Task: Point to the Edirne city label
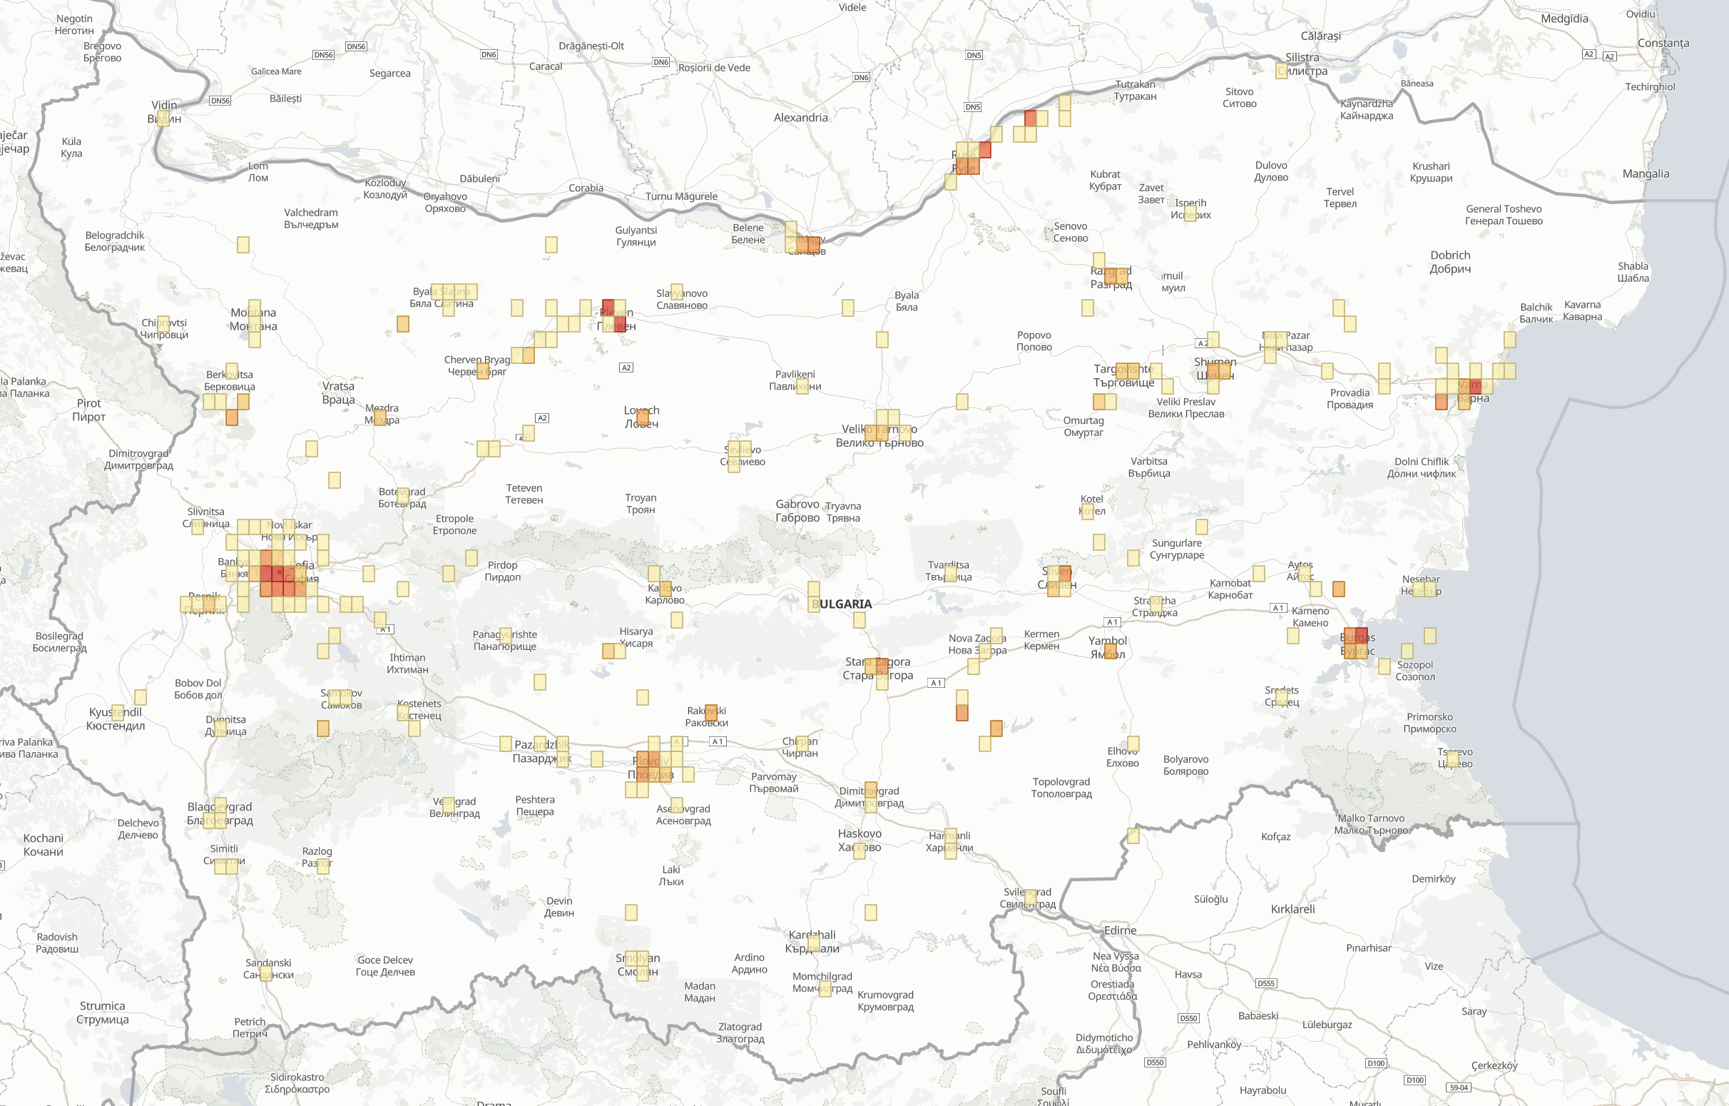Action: click(1120, 930)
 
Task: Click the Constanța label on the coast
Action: click(1663, 43)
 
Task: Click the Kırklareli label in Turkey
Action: click(1292, 909)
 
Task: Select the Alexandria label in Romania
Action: click(800, 118)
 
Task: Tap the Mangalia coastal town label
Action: click(1646, 174)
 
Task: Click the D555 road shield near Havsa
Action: click(1266, 983)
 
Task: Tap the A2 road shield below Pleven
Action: click(626, 367)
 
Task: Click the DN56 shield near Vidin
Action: click(220, 101)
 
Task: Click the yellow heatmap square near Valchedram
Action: click(243, 245)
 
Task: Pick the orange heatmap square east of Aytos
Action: click(1338, 589)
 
